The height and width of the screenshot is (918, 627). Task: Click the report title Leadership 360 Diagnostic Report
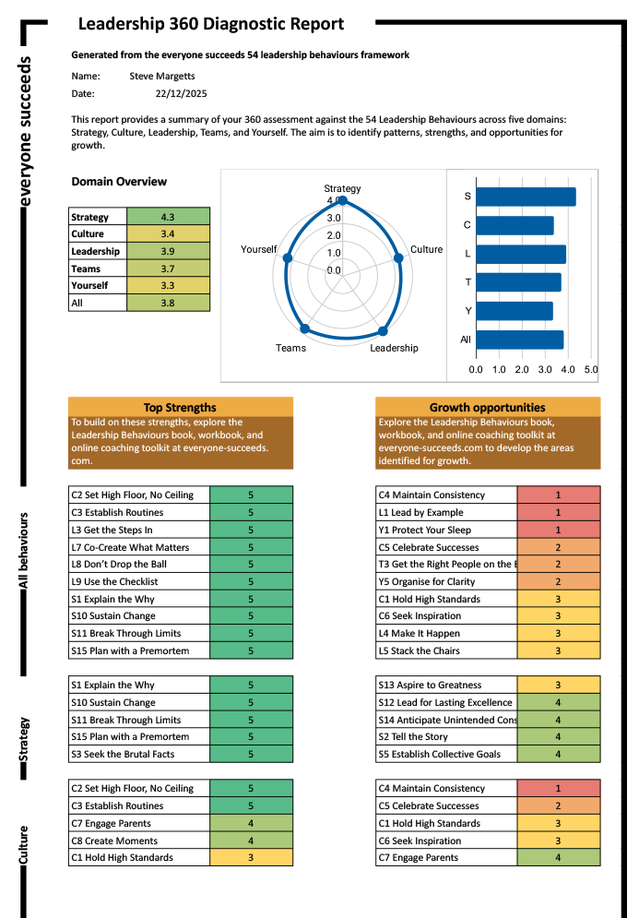click(x=210, y=25)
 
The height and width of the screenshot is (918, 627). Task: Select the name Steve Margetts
click(x=162, y=76)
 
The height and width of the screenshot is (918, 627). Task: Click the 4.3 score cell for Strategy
click(x=168, y=217)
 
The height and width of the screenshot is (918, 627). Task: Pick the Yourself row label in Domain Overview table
click(x=90, y=285)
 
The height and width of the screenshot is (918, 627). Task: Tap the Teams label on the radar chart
click(x=290, y=348)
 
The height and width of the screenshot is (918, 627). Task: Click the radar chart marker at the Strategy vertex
click(x=342, y=199)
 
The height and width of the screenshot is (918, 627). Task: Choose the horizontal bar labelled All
click(x=519, y=340)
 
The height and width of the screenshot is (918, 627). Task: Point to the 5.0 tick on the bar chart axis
click(x=591, y=369)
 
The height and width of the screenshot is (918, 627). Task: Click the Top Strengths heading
click(x=180, y=407)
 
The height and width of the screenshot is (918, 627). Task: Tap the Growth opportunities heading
click(x=487, y=407)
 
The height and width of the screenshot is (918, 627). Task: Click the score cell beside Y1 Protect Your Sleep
click(x=558, y=530)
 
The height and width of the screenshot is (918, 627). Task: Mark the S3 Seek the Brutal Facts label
click(x=123, y=754)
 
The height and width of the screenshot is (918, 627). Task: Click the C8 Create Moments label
click(x=114, y=841)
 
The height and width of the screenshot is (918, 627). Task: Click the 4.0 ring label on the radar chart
click(x=333, y=199)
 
